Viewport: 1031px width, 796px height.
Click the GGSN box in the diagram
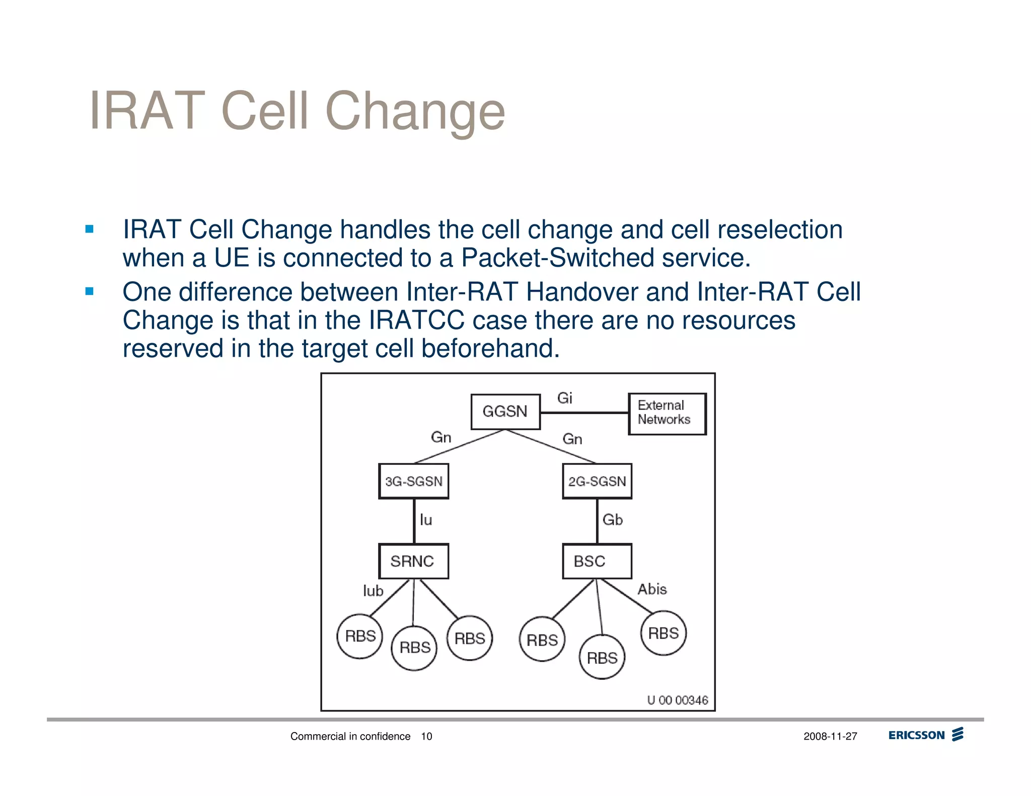coord(505,412)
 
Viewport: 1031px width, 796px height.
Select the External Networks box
coord(667,414)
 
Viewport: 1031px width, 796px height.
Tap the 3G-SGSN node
coord(413,482)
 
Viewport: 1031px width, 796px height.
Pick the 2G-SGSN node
coord(597,482)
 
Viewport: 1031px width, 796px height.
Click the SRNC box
coord(413,561)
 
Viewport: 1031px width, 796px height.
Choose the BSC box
coord(597,561)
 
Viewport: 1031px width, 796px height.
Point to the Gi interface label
coord(564,398)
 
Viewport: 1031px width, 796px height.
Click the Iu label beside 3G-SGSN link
coord(426,520)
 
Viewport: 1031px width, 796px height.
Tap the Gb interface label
coord(612,520)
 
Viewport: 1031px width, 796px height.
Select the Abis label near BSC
coord(652,589)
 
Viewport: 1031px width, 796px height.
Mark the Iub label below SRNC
coord(373,591)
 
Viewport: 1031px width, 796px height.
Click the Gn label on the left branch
coord(441,437)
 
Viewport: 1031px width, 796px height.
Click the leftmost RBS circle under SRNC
coord(360,636)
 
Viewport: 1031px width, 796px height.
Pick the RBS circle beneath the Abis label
coord(664,633)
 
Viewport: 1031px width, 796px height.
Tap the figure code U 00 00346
coord(677,700)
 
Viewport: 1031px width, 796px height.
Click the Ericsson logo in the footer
coord(925,735)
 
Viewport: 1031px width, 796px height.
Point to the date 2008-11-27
coord(830,737)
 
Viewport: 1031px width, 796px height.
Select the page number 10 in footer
coord(426,737)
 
